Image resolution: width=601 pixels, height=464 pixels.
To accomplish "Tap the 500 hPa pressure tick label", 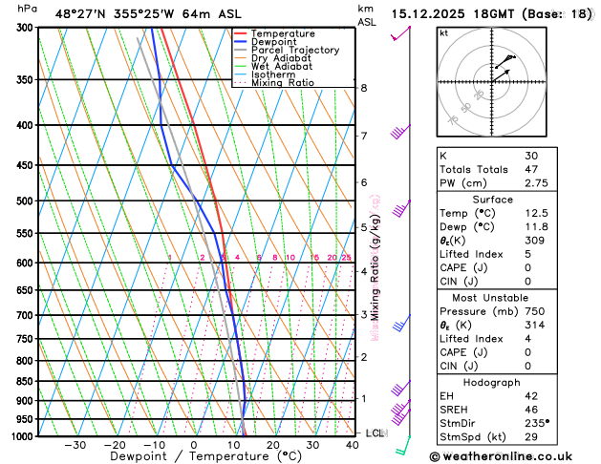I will (x=25, y=201).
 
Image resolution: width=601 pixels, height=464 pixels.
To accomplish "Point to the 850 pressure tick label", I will (x=25, y=382).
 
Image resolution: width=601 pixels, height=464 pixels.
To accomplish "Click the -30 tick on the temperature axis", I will (x=75, y=445).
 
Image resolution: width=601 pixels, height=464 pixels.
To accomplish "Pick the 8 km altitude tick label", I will (x=364, y=88).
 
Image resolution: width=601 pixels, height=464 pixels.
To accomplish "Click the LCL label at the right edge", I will (x=376, y=432).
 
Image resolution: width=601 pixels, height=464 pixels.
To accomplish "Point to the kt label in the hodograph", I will (x=443, y=33).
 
